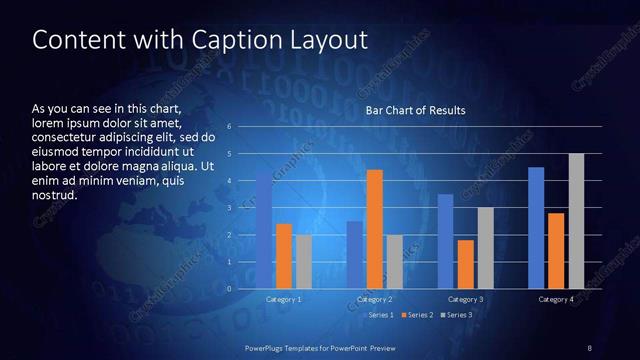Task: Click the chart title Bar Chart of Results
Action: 415,110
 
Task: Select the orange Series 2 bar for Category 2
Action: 375,229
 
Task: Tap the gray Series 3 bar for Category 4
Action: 576,221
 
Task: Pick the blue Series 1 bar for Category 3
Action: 445,241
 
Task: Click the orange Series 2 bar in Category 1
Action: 284,256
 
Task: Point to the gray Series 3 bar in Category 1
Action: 304,261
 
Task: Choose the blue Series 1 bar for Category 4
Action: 536,228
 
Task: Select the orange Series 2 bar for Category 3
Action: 465,264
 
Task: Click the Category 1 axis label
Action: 284,299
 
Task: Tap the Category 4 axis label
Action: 556,299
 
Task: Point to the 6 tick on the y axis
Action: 229,127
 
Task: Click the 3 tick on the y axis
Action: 229,208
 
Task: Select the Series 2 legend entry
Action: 416,315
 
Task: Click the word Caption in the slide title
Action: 217,40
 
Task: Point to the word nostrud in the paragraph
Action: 55,195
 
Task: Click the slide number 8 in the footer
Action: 589,347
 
